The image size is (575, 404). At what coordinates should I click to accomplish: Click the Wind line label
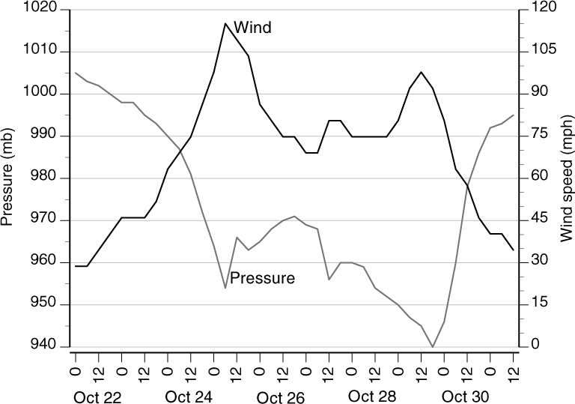coord(252,28)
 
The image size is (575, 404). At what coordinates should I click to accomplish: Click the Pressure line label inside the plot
coord(262,278)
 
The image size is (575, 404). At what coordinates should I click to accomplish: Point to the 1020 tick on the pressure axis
coord(37,10)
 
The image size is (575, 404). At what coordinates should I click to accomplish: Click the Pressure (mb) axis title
coord(9,178)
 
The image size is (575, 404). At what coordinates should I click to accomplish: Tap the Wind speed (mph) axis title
coord(566,178)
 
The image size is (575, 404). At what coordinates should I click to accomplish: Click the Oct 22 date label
coord(98,396)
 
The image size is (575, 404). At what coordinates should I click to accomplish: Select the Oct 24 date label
coord(189,396)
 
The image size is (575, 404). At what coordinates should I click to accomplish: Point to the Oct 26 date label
coord(282,396)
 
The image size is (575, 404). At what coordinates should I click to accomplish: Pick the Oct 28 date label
coord(373,396)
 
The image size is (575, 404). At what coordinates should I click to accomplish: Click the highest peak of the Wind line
coord(225,23)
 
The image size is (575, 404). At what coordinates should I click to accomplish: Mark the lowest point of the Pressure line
coord(433,346)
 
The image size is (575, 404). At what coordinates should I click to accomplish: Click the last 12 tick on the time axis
coord(513,369)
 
